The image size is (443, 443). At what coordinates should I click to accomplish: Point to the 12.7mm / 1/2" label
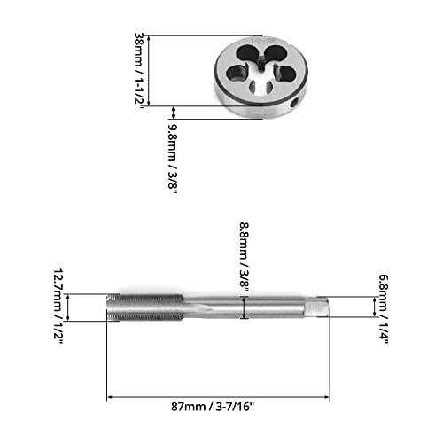click(59, 306)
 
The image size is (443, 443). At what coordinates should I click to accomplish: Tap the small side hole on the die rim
click(294, 105)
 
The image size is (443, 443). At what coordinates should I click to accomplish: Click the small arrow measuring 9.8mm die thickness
click(175, 113)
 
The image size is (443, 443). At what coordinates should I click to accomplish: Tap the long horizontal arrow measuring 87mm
click(218, 398)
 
